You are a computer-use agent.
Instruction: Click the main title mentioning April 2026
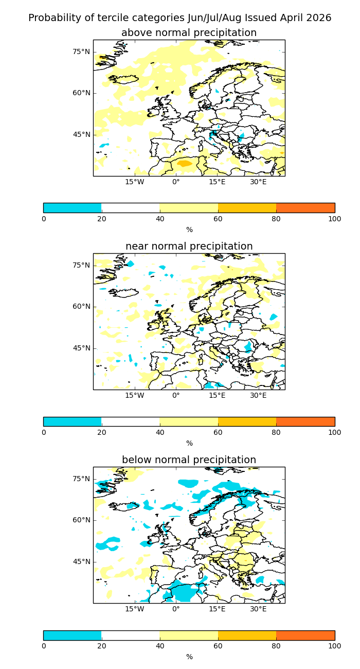point(180,18)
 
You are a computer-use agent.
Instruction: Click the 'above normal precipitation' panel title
point(189,33)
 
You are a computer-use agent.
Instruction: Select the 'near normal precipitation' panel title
point(189,247)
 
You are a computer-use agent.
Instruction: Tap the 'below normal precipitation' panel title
point(189,460)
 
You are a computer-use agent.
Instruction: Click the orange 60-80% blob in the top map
point(184,164)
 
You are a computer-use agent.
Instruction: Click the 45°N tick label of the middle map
point(81,348)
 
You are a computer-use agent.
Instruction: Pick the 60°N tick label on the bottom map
point(81,520)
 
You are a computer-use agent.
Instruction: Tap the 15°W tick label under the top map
point(135,182)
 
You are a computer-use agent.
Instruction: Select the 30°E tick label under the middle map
point(258,395)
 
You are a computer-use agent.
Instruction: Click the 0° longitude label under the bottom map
point(176,609)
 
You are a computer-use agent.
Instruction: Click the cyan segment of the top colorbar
point(73,208)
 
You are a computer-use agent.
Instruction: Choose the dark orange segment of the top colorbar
point(305,208)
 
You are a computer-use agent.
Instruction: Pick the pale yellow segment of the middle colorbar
point(189,421)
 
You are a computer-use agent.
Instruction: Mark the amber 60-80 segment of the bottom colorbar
point(247,635)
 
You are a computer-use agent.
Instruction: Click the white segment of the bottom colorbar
point(131,635)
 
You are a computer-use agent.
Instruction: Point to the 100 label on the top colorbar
point(334,219)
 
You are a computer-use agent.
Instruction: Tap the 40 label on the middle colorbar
point(160,432)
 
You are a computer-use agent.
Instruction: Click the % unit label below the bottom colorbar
point(189,657)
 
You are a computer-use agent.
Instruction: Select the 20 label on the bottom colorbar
point(102,646)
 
